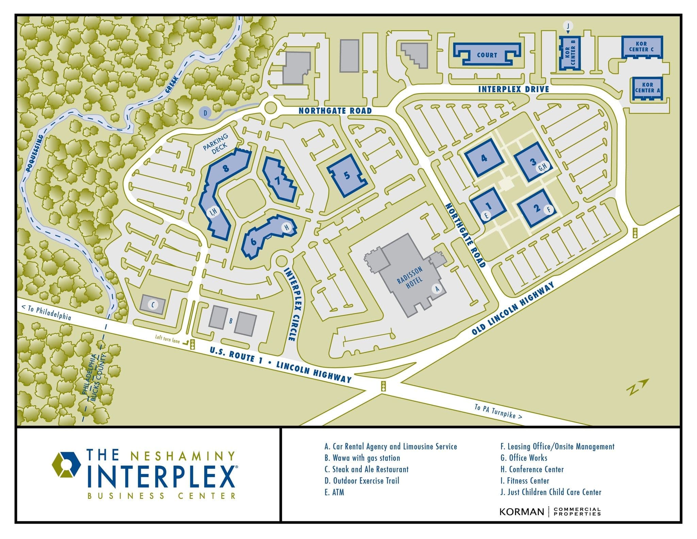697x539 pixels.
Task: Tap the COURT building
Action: tap(487, 55)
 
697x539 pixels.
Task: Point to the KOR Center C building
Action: tap(642, 47)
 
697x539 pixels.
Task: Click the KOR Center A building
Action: tap(647, 88)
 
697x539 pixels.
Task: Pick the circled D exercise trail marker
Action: tap(205, 113)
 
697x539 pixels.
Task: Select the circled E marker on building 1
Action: tap(487, 215)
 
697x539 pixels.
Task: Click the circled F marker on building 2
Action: tap(549, 209)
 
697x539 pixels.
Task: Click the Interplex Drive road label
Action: tap(514, 89)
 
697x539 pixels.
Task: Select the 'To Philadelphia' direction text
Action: tap(46, 312)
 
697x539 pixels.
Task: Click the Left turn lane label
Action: tap(167, 339)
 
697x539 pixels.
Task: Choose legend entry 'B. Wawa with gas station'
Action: tap(362, 458)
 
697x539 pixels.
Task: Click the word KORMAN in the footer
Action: tap(521, 512)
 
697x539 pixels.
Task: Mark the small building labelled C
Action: tap(153, 305)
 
